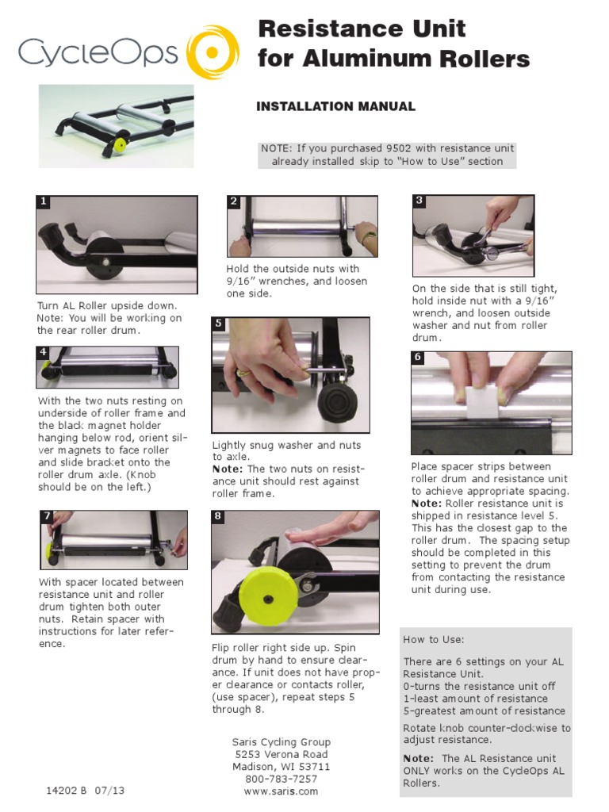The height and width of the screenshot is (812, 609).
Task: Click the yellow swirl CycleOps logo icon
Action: coord(213,52)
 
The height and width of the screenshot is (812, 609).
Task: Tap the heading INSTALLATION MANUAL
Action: coord(335,107)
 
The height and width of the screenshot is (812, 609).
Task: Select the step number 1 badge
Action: coord(44,202)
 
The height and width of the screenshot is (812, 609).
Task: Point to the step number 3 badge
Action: coord(419,201)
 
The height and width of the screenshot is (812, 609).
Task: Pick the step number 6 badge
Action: coord(418,358)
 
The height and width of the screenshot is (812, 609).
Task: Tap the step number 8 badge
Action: coord(217,516)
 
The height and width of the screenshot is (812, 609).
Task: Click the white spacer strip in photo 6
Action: coord(483,402)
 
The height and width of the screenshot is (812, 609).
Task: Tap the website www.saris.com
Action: coord(282,791)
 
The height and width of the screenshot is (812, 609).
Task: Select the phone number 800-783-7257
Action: coord(282,779)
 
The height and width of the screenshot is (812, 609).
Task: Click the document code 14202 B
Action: coord(67,791)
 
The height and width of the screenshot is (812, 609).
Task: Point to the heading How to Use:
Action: coord(434,640)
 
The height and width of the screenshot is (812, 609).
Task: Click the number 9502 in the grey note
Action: coord(399,148)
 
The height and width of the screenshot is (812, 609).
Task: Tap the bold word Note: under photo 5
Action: coord(228,469)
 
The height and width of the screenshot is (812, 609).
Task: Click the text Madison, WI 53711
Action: coord(282,767)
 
